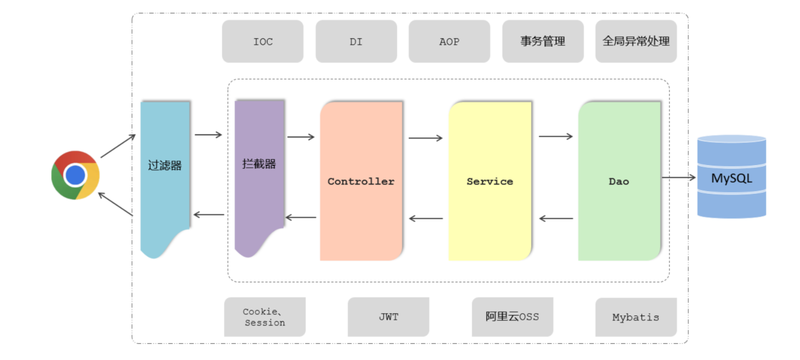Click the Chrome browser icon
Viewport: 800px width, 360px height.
[75, 175]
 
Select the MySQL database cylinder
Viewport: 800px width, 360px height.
[732, 176]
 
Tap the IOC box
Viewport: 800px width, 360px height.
[263, 42]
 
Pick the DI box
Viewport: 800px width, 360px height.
[356, 42]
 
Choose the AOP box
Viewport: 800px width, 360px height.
[449, 42]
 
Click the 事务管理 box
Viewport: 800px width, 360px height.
[542, 42]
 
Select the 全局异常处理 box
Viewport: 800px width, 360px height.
[636, 42]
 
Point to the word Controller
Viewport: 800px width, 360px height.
[361, 181]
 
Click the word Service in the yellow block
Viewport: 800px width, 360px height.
[490, 181]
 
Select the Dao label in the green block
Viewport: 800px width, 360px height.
[619, 181]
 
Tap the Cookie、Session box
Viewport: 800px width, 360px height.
[265, 317]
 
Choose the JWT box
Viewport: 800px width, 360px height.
[388, 317]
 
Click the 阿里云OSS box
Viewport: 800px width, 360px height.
[512, 317]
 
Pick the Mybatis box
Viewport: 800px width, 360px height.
[635, 317]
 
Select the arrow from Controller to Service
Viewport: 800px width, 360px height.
[426, 138]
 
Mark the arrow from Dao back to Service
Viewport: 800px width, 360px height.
[556, 219]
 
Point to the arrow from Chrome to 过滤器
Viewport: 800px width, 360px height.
[118, 146]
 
